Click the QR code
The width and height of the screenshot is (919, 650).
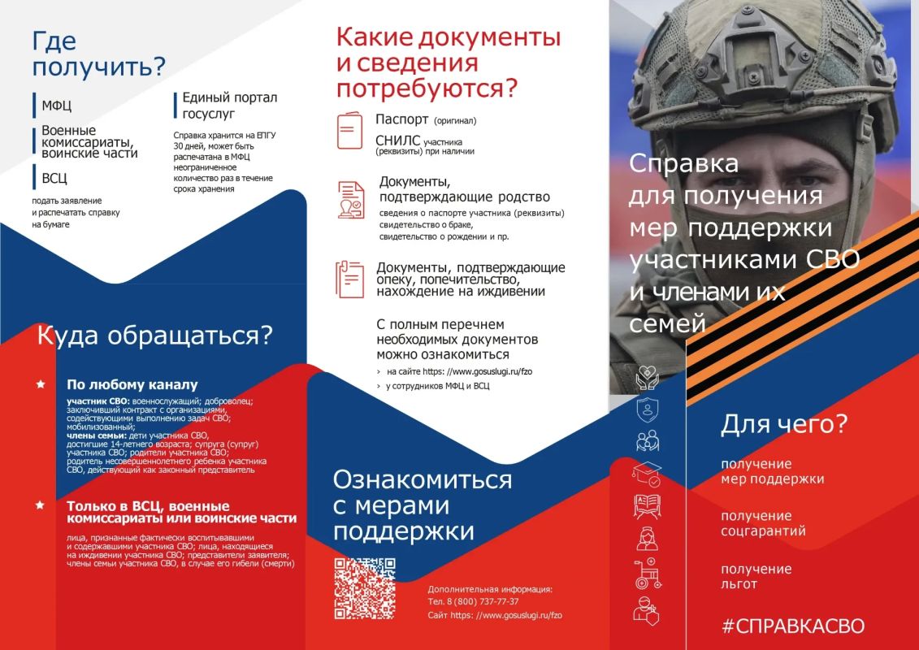365,588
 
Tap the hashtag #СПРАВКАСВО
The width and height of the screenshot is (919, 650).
793,626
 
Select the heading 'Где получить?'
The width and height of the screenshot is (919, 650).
99,54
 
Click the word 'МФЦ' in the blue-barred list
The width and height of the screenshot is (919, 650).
56,106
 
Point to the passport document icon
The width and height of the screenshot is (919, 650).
349,130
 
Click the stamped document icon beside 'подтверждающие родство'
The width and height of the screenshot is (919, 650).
350,200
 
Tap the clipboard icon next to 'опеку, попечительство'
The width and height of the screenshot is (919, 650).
349,279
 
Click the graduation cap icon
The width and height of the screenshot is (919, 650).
647,474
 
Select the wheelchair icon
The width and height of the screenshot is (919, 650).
648,574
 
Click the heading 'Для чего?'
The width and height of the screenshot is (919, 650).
784,424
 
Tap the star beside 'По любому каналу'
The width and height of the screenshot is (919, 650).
41,384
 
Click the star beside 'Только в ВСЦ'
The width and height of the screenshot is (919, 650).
40,505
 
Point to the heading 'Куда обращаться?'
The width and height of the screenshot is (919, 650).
154,336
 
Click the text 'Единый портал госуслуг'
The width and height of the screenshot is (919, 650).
230,106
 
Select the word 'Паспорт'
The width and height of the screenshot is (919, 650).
402,119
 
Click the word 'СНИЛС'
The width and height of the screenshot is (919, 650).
398,141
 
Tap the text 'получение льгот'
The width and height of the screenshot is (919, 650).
756,577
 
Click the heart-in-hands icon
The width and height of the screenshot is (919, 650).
647,378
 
